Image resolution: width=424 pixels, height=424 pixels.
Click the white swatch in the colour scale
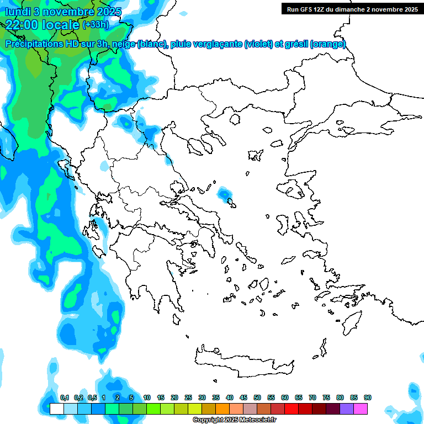pos(56,409)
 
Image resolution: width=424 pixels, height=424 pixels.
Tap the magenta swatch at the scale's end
pos(361,409)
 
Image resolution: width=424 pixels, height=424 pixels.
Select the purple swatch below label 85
pos(347,409)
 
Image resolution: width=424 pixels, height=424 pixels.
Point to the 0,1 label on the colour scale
pos(65,397)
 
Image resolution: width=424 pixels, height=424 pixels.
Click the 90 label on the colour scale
pos(368,397)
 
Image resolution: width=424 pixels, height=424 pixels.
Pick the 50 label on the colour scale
pos(257,397)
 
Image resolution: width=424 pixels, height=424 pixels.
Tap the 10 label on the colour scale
pos(147,397)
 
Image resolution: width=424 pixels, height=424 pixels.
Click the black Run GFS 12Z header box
pos(352,9)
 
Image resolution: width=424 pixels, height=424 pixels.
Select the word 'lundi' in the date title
pos(18,11)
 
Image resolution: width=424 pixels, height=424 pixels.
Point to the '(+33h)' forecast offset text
pos(96,25)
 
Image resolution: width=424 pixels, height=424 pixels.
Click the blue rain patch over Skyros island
pos(225,194)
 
